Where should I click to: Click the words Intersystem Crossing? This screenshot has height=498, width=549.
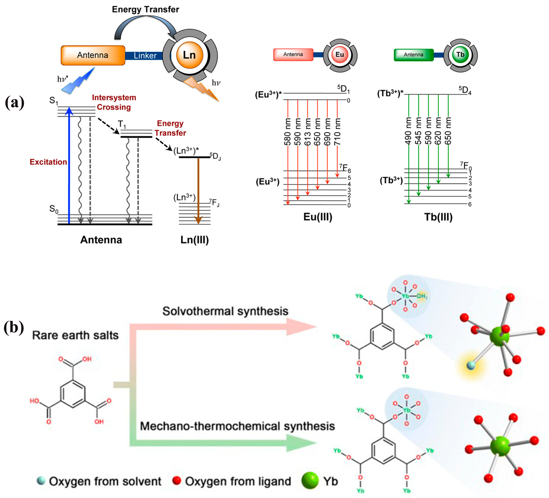114,102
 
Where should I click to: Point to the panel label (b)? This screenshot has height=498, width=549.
14,328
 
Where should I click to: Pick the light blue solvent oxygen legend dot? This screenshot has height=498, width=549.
41,481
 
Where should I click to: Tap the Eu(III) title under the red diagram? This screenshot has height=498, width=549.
318,217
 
